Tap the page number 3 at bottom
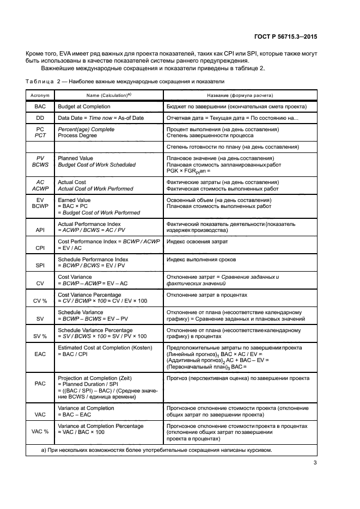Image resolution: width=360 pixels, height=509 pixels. (315, 463)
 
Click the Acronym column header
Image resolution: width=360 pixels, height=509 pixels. (40, 95)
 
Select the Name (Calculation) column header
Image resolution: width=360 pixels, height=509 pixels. (108, 95)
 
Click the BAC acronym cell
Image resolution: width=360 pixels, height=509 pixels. (40, 106)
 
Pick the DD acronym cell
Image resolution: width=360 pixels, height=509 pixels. (40, 118)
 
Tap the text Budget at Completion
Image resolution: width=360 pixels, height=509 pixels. (81, 106)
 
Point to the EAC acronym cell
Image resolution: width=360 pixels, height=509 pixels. (40, 353)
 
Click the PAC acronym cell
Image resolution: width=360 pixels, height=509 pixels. (40, 383)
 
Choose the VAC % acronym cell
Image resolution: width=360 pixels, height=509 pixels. (40, 431)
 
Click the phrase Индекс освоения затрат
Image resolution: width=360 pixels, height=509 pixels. (197, 241)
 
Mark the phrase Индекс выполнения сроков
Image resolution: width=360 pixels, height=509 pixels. (201, 260)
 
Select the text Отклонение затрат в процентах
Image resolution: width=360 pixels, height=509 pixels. (207, 295)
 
